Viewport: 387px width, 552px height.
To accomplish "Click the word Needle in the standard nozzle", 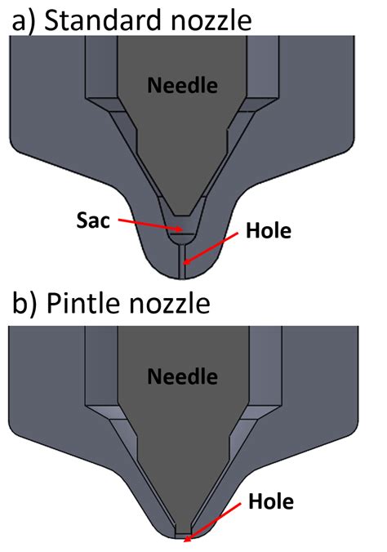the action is (182, 86).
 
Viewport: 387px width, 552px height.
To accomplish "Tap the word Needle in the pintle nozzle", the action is (182, 376).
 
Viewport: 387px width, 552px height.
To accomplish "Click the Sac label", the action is (93, 220).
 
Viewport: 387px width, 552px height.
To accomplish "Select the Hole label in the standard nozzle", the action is (269, 231).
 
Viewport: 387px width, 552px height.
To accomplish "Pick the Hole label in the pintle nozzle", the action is (271, 501).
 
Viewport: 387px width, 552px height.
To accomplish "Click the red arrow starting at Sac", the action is (151, 225).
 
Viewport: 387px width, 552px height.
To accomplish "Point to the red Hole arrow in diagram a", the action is (211, 248).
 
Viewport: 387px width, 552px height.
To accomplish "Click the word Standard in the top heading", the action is (103, 20).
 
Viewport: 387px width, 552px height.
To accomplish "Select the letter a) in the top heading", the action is (24, 22).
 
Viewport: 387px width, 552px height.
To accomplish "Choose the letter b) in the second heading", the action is (24, 305).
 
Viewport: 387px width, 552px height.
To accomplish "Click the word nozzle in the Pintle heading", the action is (170, 304).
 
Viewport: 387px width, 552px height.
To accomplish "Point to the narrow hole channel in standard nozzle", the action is (182, 260).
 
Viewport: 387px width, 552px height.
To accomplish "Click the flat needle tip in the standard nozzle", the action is (182, 216).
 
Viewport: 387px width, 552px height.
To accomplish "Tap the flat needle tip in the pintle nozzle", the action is (183, 532).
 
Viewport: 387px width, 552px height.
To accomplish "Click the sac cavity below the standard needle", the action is (182, 229).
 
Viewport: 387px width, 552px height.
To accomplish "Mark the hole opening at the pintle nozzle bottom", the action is (183, 536).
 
